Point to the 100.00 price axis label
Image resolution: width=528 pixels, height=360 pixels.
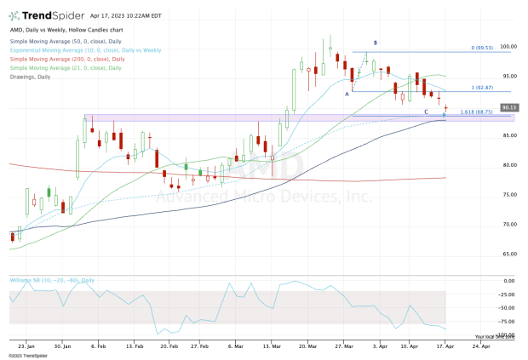point(510,48)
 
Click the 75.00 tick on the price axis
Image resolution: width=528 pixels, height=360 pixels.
point(508,195)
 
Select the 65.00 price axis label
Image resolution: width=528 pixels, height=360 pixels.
point(508,254)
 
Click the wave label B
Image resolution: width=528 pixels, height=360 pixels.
point(376,42)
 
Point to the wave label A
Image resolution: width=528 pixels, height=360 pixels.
point(347,94)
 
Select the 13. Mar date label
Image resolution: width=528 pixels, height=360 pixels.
point(273,346)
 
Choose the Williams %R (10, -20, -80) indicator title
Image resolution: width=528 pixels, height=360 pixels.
point(52,279)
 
